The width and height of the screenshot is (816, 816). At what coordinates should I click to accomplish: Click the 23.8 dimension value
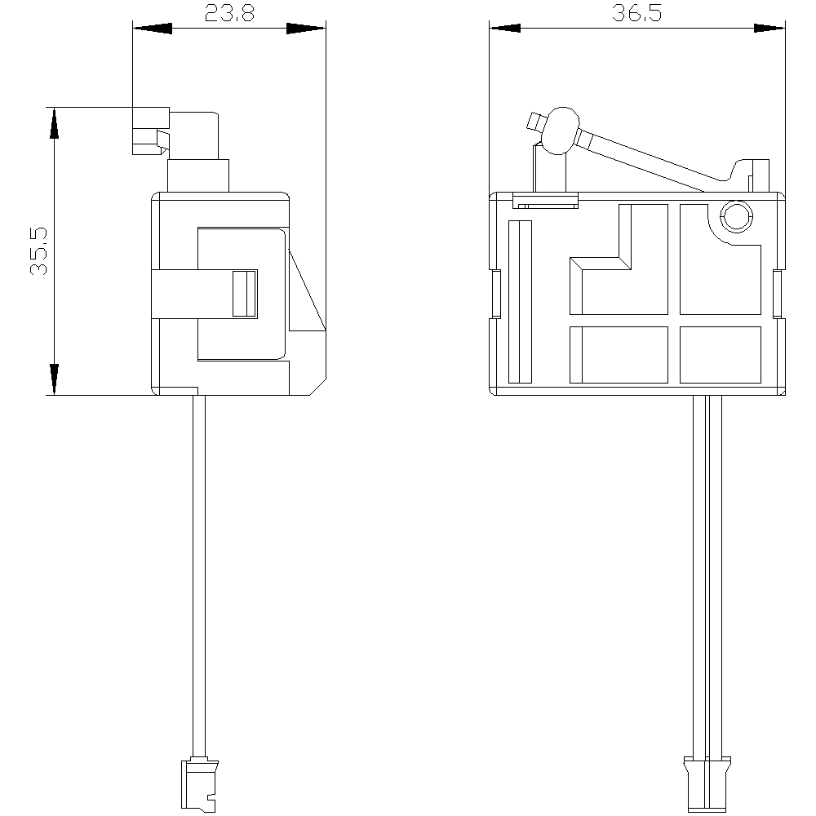pos(229,13)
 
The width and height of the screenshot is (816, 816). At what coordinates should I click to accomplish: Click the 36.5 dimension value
pos(636,13)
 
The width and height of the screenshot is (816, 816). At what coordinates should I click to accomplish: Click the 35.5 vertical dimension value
pos(39,251)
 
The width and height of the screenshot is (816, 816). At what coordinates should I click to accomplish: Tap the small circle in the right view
pos(736,216)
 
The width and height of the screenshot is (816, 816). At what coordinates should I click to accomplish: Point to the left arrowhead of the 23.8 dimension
pos(153,28)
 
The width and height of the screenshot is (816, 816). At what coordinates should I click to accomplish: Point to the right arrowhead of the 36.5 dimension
pos(769,28)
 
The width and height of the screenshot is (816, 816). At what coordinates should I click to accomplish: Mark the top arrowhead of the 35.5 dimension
pos(54,123)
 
